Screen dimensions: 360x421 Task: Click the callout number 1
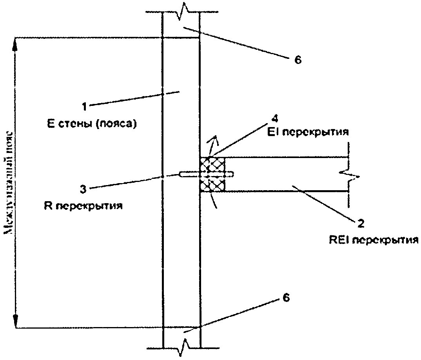coord(83,105)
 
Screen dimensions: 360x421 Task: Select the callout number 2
coord(360,223)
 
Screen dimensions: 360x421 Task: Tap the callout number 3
coord(83,189)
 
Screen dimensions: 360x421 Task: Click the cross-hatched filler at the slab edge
coord(212,175)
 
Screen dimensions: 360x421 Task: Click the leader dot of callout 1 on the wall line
coord(162,94)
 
